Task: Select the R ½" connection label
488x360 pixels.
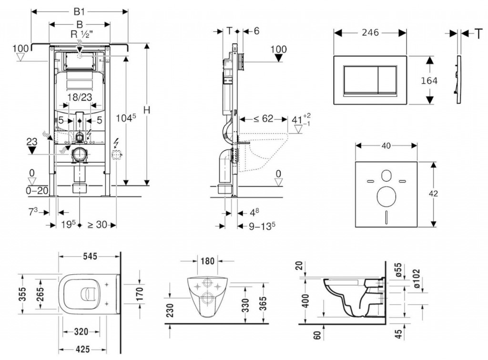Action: coord(80,34)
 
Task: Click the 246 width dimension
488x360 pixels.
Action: coord(369,32)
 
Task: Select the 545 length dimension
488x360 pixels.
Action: coord(89,257)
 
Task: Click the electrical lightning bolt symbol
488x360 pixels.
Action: coord(116,142)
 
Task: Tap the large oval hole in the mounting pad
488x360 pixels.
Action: coord(386,196)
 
